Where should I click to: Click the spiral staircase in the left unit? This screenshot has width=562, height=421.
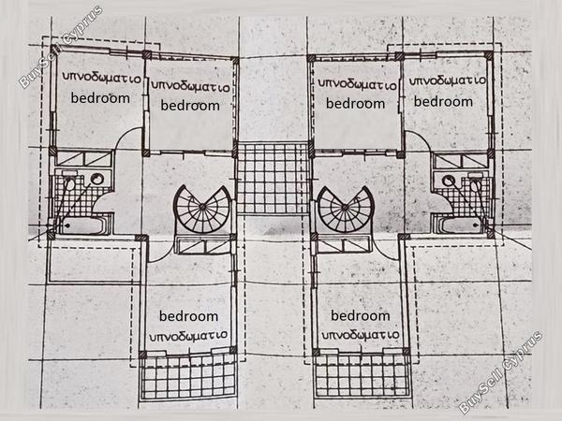(x=202, y=210)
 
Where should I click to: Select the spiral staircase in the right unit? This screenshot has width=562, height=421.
(x=346, y=210)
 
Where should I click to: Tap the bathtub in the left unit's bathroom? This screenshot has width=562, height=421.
(x=83, y=225)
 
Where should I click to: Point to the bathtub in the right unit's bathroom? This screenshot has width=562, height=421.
(x=462, y=225)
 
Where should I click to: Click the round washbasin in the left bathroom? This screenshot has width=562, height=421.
(x=96, y=179)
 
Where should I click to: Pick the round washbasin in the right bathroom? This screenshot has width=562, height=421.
(x=448, y=180)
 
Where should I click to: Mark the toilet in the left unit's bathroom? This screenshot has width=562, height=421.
(x=70, y=181)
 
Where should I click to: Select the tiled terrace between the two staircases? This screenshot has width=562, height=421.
(x=274, y=178)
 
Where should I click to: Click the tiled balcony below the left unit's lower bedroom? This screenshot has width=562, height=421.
(x=188, y=376)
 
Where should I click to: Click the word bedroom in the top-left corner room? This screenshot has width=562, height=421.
(x=100, y=97)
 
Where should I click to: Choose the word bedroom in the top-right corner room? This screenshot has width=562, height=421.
(x=443, y=101)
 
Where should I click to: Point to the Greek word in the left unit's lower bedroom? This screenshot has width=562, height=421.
(x=188, y=335)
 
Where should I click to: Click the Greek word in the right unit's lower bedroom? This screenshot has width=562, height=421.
(x=361, y=335)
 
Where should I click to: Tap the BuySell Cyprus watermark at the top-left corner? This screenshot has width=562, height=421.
(x=61, y=47)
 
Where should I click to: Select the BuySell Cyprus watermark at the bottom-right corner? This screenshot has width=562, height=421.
(x=501, y=372)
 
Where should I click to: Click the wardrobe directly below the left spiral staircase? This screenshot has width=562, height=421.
(x=204, y=245)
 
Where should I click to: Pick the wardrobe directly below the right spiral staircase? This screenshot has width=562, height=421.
(x=344, y=245)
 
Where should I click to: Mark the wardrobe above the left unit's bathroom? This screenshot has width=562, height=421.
(x=84, y=159)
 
